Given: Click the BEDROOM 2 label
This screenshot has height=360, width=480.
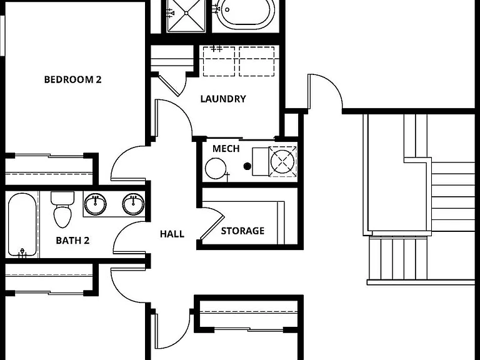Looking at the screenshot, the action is pos(72,79).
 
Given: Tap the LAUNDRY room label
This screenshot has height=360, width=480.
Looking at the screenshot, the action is pos(223,99).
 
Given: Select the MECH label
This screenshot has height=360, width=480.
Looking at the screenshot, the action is pos(226,149).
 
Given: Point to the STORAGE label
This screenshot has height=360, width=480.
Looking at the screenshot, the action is pos(242,231).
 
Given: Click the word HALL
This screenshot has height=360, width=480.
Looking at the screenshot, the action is pos(172,234).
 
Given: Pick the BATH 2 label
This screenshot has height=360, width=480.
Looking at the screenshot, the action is pos(72,241).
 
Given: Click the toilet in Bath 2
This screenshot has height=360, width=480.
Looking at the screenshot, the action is pos(62,209).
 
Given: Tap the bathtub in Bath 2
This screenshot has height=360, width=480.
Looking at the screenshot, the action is pos(22,224).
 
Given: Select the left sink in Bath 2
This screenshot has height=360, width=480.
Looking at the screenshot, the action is pos(95,204).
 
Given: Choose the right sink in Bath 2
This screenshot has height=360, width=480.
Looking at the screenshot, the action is pos(133,204).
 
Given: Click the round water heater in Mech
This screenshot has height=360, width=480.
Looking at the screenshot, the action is pos(216,168).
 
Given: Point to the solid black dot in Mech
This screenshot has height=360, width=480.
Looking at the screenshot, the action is pos(247,166).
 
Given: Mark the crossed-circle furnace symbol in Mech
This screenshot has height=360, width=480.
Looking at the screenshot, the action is pos(282,161).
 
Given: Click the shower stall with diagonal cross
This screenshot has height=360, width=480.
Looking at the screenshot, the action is pos(186,15).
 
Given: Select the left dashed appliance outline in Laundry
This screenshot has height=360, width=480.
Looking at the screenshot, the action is pos(219,61).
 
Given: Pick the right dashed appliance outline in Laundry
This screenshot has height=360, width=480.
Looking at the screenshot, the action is pos(256,61).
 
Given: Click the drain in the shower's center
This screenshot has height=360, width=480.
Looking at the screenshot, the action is pos(186,13).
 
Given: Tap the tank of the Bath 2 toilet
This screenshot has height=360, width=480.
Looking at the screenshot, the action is pos(62,198).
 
